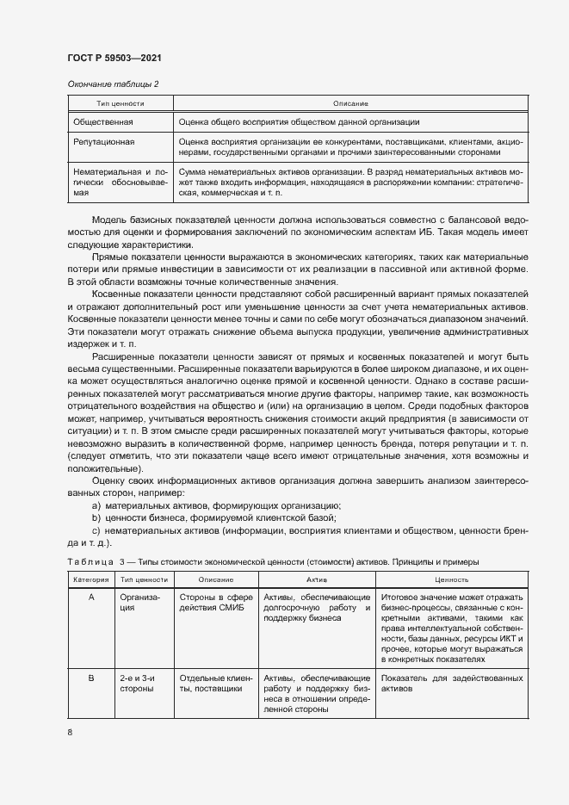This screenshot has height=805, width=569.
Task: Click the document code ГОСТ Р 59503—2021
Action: [x=114, y=58]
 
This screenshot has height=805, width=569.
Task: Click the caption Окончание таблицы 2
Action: [x=113, y=84]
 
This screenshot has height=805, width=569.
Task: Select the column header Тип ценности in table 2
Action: [x=120, y=103]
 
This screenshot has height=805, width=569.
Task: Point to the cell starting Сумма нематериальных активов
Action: [x=352, y=183]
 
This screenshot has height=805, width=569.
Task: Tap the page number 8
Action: [x=70, y=732]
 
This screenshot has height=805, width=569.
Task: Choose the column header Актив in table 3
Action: [x=317, y=581]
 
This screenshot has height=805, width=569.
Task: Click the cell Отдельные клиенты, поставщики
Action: [x=215, y=684]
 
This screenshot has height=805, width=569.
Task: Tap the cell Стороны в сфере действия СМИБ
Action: [x=215, y=603]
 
